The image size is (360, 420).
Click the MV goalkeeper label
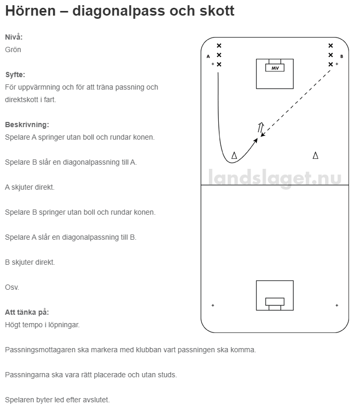[275, 68]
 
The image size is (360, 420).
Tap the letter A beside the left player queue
[208, 56]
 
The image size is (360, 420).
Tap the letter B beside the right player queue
[342, 56]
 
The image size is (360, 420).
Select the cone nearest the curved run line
[234, 155]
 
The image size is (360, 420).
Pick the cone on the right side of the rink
[316, 155]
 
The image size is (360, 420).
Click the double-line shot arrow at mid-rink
[260, 127]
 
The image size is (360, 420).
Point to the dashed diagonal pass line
[296, 103]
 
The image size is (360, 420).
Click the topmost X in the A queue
[219, 45]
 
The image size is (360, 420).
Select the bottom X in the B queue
[330, 64]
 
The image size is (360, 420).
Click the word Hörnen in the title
[31, 11]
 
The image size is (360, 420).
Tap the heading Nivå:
[14, 37]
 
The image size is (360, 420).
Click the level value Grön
[13, 50]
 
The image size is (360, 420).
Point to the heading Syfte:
[15, 75]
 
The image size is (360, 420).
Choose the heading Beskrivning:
[27, 125]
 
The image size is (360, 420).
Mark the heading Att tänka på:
[27, 312]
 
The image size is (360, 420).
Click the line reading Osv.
[12, 287]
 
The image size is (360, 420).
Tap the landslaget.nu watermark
[275, 178]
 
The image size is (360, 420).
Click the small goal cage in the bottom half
[275, 304]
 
